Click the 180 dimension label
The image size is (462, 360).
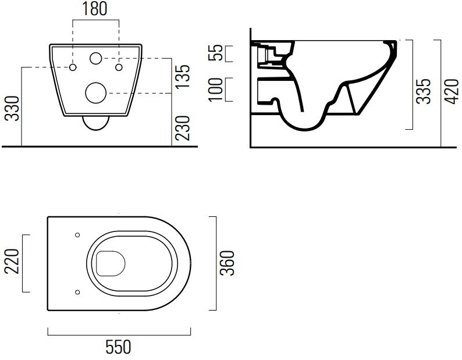coord(94,9)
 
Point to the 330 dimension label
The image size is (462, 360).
coord(13,108)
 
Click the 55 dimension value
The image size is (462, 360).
coord(215,52)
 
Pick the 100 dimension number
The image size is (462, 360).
coord(215,90)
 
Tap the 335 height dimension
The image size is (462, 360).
coord(423,91)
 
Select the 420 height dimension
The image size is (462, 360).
coord(452,91)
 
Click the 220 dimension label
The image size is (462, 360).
coord(12,261)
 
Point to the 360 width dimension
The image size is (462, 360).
coord(228,263)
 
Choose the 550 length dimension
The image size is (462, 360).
coord(118,347)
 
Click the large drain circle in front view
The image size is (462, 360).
coord(96,93)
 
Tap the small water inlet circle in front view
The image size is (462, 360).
coord(95,58)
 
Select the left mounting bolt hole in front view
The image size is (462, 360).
coord(73,67)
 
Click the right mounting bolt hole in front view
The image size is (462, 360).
coord(119,67)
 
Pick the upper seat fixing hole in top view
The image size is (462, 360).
coord(77,235)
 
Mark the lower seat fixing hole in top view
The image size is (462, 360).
coord(77,292)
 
